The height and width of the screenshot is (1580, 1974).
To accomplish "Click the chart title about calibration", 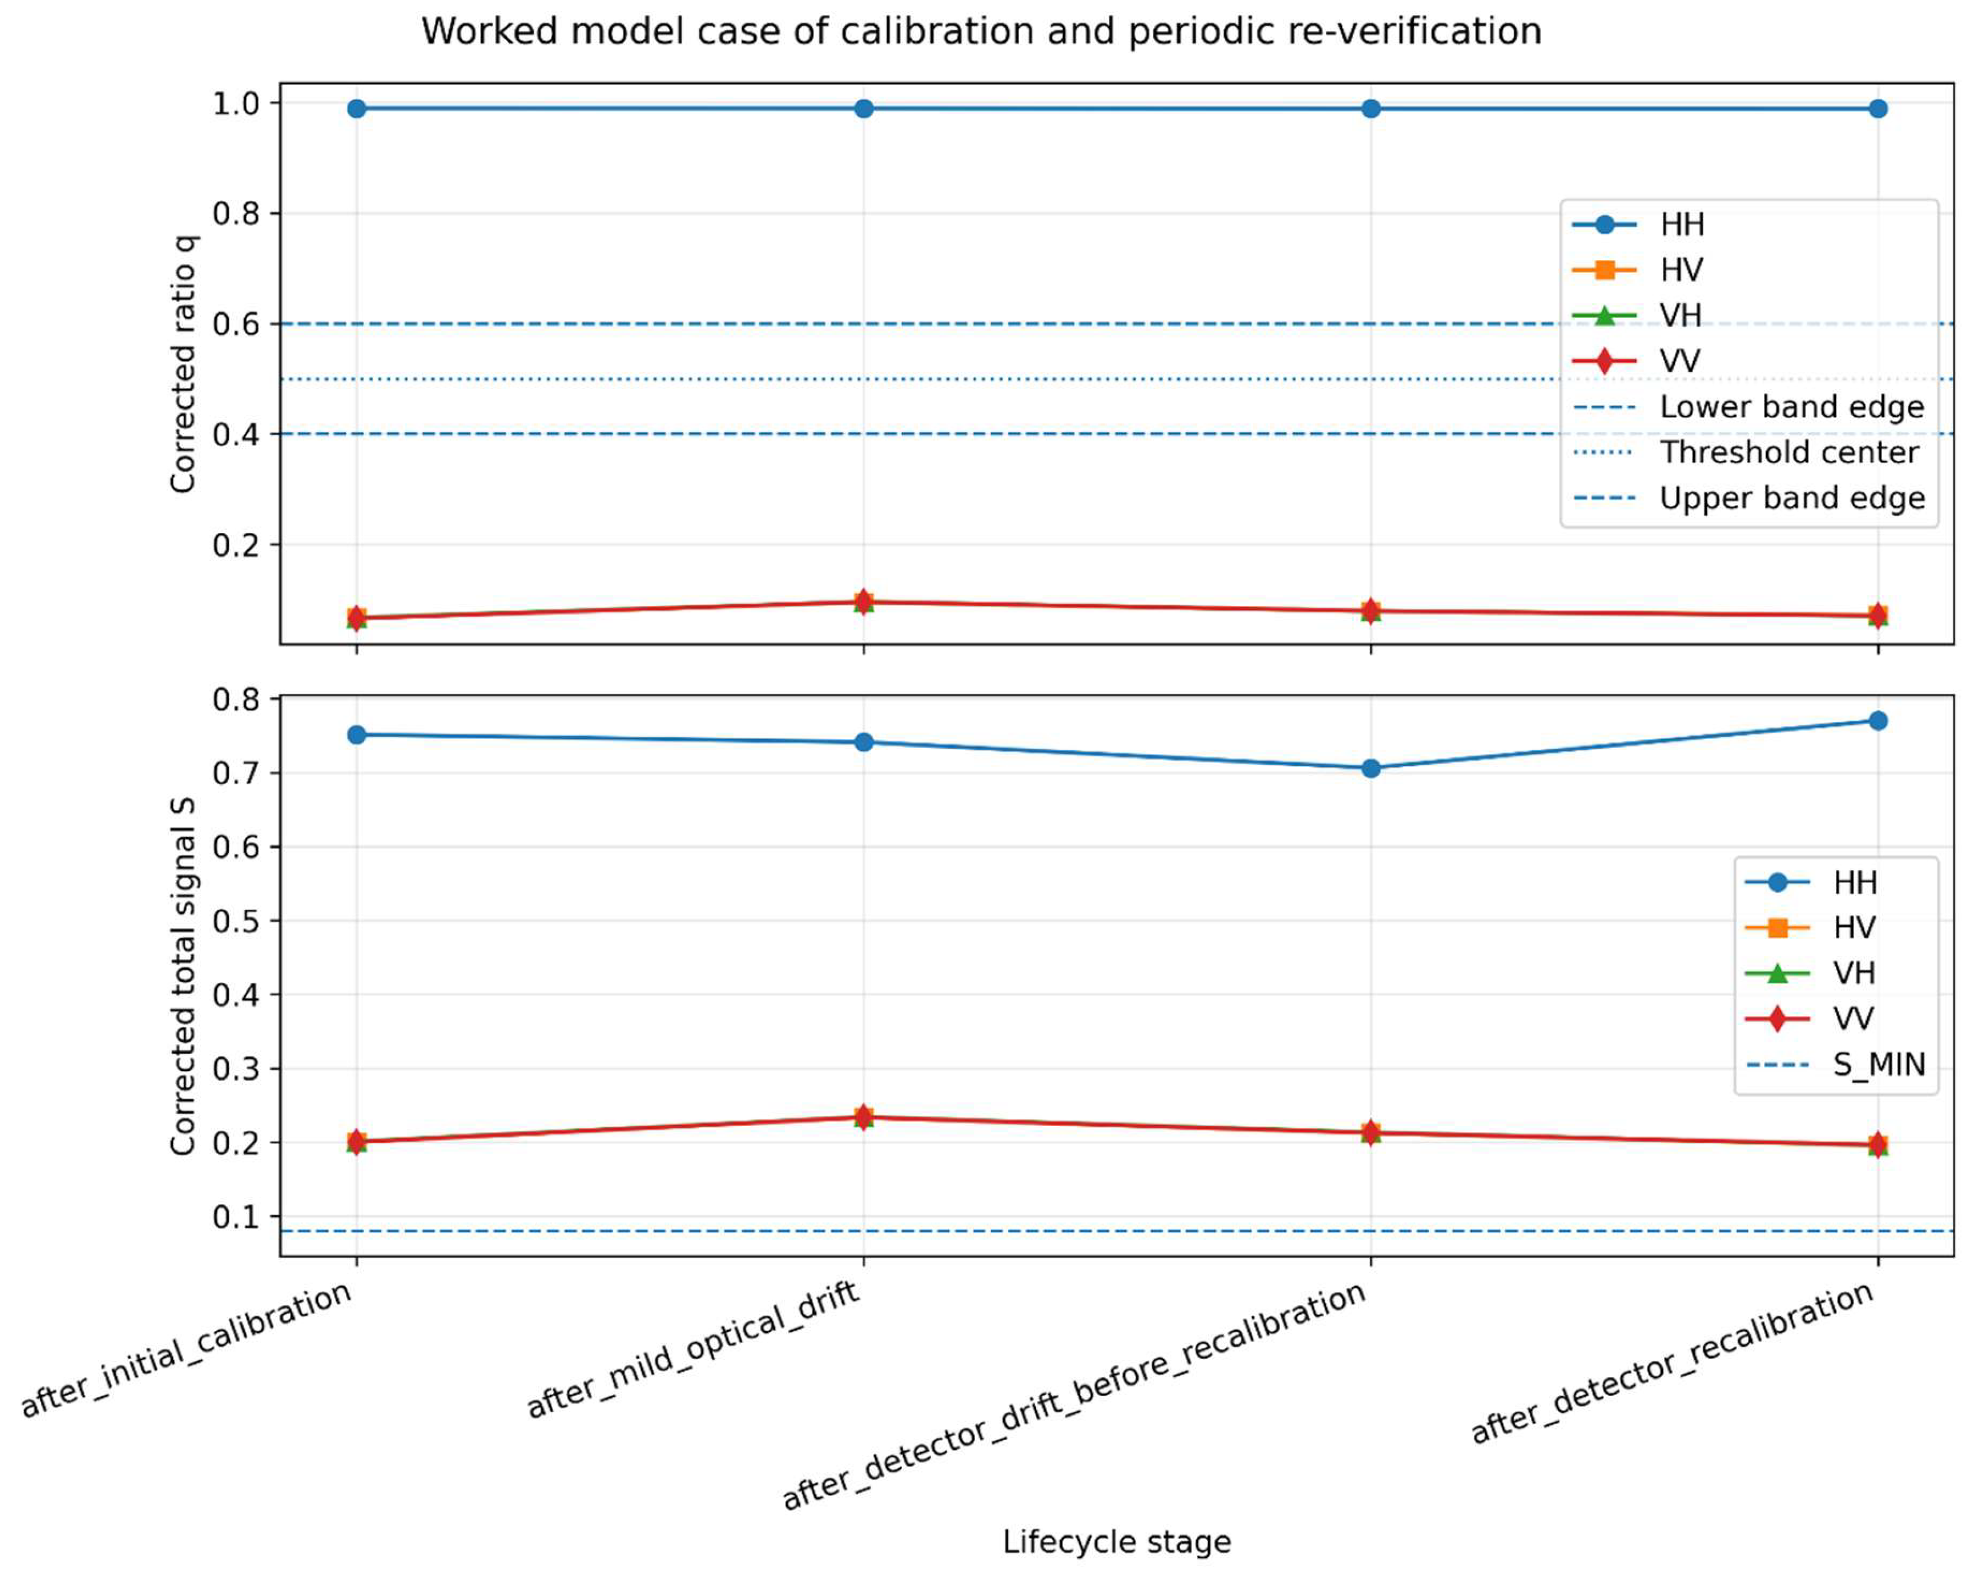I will (981, 32).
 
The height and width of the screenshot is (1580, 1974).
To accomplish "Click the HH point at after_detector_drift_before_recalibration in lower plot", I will (1369, 768).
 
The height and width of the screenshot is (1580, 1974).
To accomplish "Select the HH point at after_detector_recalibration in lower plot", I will (1877, 721).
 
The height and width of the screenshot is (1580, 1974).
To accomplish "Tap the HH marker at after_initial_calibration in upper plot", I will (356, 109).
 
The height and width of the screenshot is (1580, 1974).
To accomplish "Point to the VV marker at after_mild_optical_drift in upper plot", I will (863, 601).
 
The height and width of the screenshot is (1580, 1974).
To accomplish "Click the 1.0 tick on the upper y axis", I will (236, 103).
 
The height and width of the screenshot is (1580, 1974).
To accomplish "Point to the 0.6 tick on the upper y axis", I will (236, 324).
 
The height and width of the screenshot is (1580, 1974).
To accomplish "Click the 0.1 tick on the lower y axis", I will (236, 1217).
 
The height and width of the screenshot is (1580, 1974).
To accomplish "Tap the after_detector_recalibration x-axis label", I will (1674, 1362).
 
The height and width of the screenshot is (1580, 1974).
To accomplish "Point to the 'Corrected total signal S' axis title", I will (183, 976).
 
